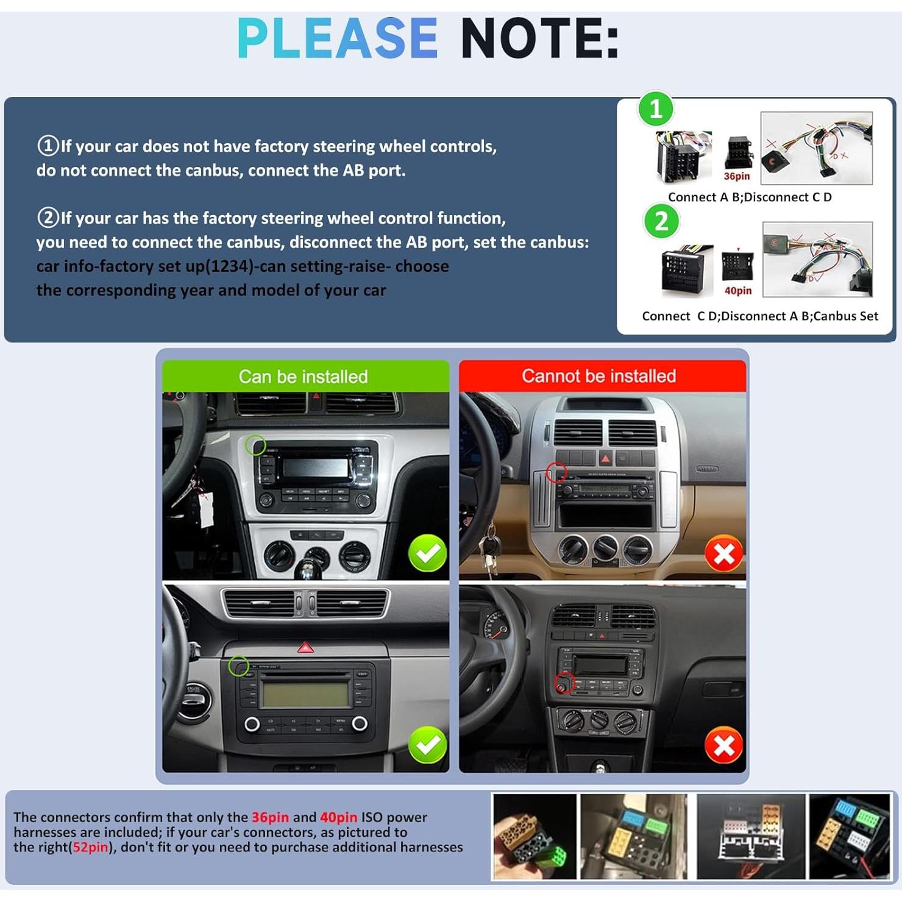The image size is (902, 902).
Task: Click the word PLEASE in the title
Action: (337, 38)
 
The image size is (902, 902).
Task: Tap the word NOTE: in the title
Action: (539, 38)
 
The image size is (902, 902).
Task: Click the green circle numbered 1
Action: (656, 110)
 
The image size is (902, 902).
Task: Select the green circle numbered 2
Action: (661, 221)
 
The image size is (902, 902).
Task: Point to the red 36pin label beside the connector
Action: (736, 176)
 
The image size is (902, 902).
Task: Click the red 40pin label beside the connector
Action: (737, 291)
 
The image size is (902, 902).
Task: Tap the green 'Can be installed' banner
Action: (304, 376)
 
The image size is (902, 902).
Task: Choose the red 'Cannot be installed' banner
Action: (598, 375)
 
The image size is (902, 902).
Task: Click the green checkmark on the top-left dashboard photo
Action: (427, 553)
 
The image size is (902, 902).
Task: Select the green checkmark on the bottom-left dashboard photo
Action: (427, 744)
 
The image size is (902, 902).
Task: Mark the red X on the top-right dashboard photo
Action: (723, 554)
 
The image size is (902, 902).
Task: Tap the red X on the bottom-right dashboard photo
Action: (723, 745)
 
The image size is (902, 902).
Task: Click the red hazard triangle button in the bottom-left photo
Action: (305, 647)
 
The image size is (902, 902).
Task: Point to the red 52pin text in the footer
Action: (90, 847)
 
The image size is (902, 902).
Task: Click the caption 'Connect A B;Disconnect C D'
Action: (750, 197)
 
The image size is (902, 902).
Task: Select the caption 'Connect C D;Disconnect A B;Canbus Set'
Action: (759, 316)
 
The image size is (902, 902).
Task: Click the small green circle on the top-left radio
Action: (255, 446)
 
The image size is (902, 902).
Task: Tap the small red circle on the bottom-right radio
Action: (564, 683)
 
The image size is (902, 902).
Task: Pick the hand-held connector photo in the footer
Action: (534, 837)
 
